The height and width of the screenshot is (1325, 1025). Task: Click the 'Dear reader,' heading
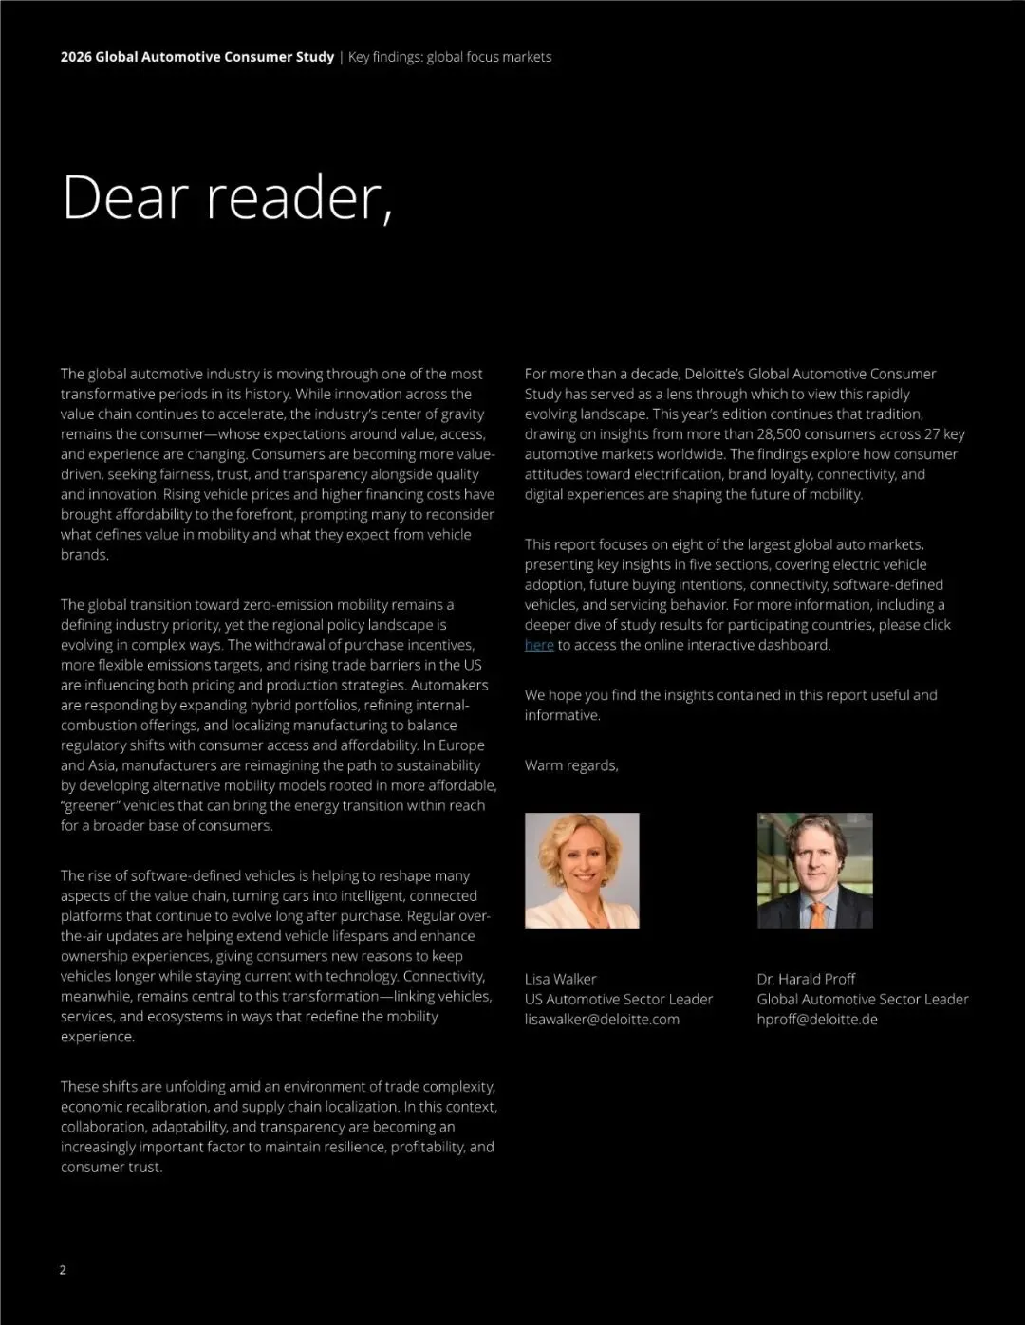click(x=227, y=197)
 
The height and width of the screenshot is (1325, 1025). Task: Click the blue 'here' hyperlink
click(x=539, y=645)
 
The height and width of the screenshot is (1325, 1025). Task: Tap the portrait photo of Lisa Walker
click(x=582, y=870)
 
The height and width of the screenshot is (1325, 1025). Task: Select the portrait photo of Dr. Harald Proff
click(x=814, y=870)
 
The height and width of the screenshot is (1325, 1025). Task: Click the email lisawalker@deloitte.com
click(x=602, y=1020)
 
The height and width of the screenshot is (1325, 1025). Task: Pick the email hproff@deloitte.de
click(x=816, y=1020)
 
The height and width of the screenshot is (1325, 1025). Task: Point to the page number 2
click(x=63, y=1270)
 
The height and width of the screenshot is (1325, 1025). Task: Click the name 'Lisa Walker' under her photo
click(x=561, y=979)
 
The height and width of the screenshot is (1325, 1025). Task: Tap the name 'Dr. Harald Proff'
click(x=806, y=979)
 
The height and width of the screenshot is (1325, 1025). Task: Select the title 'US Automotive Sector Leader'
click(x=619, y=1000)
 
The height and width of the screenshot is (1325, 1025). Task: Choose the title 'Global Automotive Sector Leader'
click(x=862, y=1000)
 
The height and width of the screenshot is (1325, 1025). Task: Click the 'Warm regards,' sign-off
click(x=571, y=765)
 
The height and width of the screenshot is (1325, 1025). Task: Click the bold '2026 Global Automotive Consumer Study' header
click(x=197, y=57)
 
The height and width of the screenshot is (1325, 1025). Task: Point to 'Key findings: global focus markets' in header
click(x=450, y=57)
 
